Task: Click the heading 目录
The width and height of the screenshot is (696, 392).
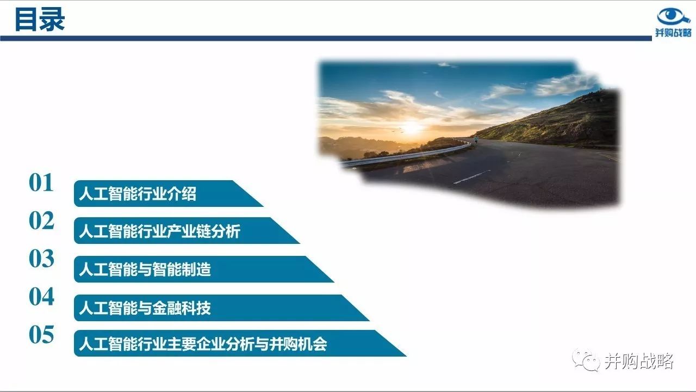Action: point(40,20)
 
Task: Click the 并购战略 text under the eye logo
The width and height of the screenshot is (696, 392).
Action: point(673,32)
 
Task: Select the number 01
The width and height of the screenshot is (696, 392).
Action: point(41,182)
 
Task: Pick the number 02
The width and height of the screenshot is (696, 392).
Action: point(41,220)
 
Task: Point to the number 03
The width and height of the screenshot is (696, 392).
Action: point(41,259)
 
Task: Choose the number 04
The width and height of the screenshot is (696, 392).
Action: point(41,297)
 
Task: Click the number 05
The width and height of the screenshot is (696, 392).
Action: point(41,335)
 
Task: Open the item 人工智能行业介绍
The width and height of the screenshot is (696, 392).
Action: point(138,193)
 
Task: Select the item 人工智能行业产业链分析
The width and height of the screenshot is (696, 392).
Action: point(160,231)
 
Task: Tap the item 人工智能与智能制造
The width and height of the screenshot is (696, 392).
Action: point(145,269)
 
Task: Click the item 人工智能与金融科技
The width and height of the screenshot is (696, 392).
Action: point(145,308)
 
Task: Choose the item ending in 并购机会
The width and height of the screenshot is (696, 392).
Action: point(203,344)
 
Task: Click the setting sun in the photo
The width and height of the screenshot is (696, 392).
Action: point(412,127)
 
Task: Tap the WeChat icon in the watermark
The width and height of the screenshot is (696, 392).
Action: point(586,360)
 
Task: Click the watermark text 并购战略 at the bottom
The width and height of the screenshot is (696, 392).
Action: point(639,361)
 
